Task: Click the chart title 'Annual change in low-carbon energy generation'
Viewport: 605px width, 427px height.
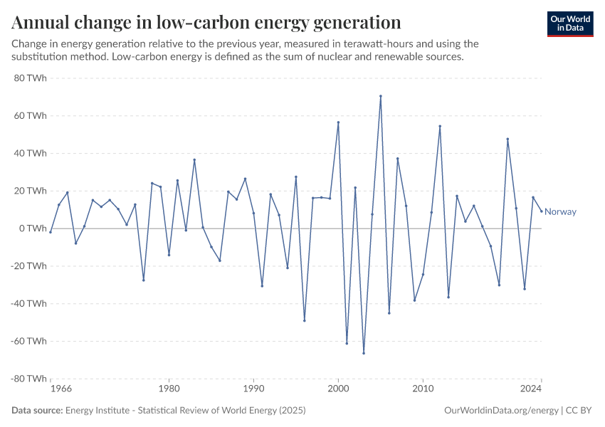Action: (206, 22)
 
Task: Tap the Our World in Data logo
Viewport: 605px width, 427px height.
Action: (570, 23)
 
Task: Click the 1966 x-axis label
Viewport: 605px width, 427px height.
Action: (60, 389)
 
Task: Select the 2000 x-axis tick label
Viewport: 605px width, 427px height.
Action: (338, 389)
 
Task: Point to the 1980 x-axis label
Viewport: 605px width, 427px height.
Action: (169, 389)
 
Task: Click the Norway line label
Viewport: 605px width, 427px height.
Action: (560, 212)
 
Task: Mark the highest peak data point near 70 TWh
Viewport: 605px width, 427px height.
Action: (381, 96)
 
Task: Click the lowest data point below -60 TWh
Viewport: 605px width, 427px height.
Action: (364, 353)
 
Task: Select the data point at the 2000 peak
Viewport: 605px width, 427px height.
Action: (338, 122)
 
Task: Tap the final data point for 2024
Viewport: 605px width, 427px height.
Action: (541, 211)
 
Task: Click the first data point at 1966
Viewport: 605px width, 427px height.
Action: (51, 232)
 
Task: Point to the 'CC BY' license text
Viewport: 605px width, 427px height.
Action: (580, 411)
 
